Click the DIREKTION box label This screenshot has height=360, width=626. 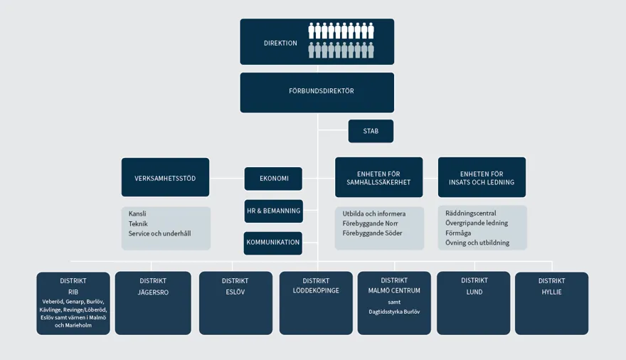(x=280, y=43)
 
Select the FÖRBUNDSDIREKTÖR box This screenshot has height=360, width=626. (x=317, y=92)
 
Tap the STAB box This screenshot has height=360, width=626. (x=371, y=131)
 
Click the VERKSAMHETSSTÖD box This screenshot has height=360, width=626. (x=165, y=178)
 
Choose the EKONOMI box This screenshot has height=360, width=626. (x=274, y=179)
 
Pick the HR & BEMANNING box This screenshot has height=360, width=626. (x=273, y=211)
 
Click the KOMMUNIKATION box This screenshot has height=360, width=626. (x=273, y=243)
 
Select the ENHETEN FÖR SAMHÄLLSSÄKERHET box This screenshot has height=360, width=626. (x=378, y=178)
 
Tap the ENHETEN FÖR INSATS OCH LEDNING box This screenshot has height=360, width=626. (x=482, y=178)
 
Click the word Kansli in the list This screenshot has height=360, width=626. (x=138, y=213)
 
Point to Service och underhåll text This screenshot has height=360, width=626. (x=159, y=233)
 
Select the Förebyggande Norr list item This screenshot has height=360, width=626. (x=370, y=223)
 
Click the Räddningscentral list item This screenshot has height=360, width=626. (x=470, y=213)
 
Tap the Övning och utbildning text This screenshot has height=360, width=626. (x=477, y=243)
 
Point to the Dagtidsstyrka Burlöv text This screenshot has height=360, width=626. (x=394, y=312)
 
